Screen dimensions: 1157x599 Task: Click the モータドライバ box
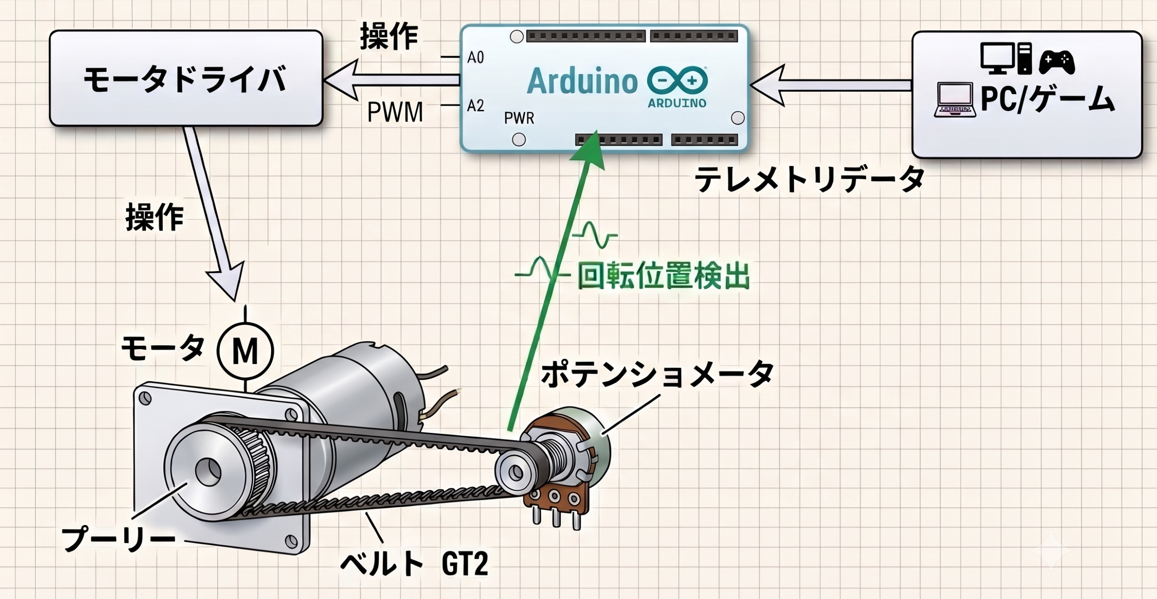(186, 78)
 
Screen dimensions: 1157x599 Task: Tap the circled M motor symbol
(245, 351)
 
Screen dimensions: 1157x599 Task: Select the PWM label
(395, 112)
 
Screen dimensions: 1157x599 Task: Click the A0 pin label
(475, 57)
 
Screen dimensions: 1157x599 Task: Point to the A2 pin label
(475, 106)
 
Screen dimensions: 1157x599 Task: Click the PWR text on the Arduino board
(519, 119)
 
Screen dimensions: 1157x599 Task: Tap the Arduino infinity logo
(677, 82)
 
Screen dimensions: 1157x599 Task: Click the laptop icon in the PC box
(954, 100)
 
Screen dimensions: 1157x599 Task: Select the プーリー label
(118, 538)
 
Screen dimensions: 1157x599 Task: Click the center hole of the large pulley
(208, 473)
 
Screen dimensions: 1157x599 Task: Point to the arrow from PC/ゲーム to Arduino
(831, 85)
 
